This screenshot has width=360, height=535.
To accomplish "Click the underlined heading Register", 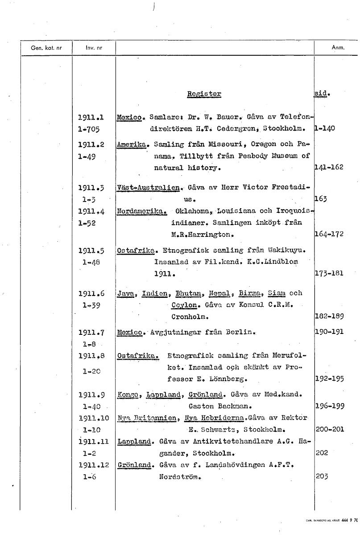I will point(204,94).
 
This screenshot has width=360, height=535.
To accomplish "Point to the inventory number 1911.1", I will point(91,118).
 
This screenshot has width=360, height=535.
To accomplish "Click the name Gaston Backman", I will point(218,406).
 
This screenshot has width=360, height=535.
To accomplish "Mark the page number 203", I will point(322,476).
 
